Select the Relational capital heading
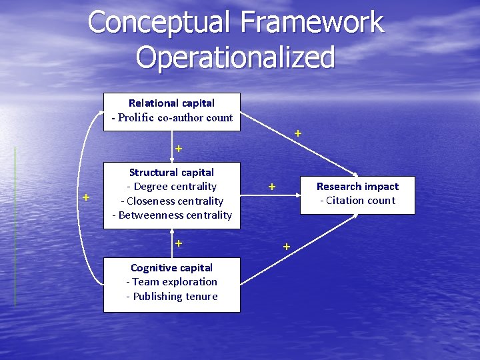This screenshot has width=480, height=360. (171, 103)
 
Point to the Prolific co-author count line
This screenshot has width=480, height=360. (172, 118)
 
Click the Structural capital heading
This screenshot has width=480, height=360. (171, 173)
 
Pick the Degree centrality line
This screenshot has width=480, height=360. (171, 187)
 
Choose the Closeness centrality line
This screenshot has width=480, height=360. (171, 201)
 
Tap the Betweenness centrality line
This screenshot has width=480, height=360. (171, 215)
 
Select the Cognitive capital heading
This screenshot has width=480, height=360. (171, 268)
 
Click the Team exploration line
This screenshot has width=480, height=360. (171, 282)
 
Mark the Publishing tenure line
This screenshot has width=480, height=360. (171, 296)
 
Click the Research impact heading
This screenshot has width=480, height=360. (357, 187)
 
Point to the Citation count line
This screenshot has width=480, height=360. (357, 201)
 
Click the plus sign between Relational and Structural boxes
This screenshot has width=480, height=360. (178, 147)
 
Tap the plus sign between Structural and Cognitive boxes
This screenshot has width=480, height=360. (178, 243)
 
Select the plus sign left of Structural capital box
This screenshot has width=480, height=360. (86, 197)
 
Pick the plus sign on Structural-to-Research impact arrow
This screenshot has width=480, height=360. (272, 187)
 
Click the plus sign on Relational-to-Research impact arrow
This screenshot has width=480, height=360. (298, 133)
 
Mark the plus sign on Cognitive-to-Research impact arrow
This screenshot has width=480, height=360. (286, 247)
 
